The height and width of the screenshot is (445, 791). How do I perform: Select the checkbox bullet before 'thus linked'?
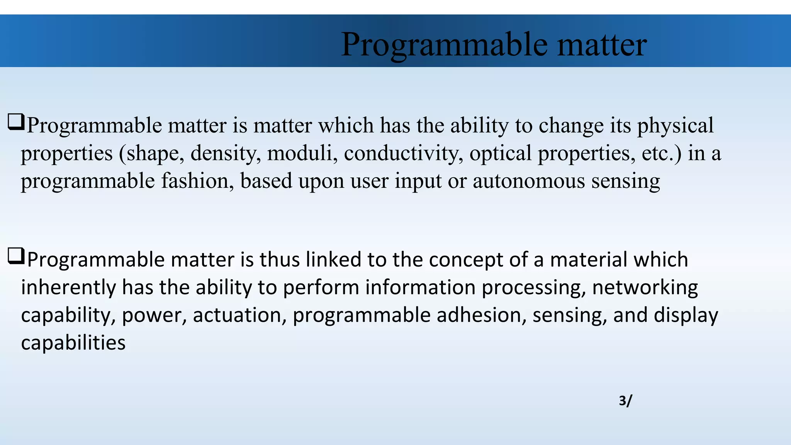(x=16, y=256)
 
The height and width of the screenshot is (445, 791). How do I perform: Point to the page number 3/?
(x=625, y=401)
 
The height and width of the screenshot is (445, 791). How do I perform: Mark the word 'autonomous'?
(x=528, y=181)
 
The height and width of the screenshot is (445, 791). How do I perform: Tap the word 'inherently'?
(x=68, y=288)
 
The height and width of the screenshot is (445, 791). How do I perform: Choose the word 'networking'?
(x=645, y=288)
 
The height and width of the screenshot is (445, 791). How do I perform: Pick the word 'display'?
(x=686, y=316)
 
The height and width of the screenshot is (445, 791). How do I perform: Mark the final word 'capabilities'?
(x=73, y=343)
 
